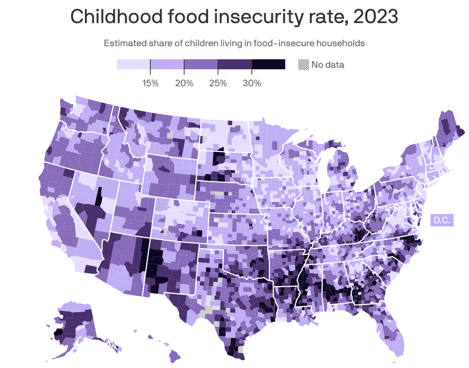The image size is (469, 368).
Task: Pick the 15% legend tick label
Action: coord(150,83)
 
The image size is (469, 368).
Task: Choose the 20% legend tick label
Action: coord(184,83)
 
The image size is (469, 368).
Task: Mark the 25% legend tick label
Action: coord(218,83)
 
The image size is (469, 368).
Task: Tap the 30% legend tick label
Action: coord(252,83)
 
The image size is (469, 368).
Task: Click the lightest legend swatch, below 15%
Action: coord(133,64)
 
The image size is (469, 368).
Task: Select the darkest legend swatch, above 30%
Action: coord(268,64)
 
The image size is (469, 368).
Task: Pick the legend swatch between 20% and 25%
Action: coord(201,64)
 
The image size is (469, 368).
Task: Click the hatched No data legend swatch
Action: coord(304,65)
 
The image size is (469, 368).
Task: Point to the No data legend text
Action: coord(328,65)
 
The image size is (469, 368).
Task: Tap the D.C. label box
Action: coord(442,221)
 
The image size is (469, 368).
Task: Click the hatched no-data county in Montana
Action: coord(170,135)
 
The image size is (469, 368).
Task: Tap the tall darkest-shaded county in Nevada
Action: coord(99,196)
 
